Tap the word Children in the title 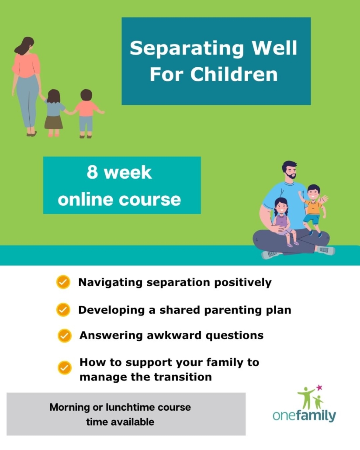coord(234,74)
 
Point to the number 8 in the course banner coord(92,173)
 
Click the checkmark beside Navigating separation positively coord(63,282)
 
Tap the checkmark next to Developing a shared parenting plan coord(63,310)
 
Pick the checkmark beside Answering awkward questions coord(65,336)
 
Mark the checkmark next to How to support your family coord(65,367)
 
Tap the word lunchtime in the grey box coord(130,407)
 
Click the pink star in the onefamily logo coord(319,388)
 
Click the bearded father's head coord(289,170)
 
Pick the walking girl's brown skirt coord(53,122)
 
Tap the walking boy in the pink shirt coord(86,113)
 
